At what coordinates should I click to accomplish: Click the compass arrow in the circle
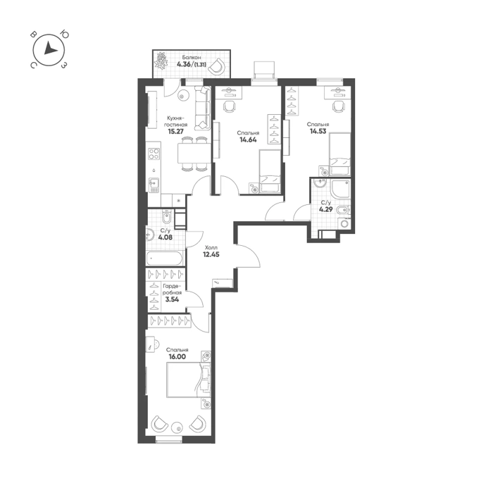[x=50, y=49]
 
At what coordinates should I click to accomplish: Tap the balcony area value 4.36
[x=185, y=65]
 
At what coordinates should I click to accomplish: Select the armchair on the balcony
[x=216, y=66]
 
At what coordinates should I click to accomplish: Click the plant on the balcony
[x=161, y=61]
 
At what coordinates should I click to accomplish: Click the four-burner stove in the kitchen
[x=154, y=154]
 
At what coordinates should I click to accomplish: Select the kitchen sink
[x=154, y=185]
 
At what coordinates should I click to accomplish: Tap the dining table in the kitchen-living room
[x=194, y=153]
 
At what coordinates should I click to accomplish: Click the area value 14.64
[x=248, y=140]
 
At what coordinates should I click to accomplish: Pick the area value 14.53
[x=318, y=131]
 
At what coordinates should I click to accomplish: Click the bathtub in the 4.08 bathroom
[x=164, y=258]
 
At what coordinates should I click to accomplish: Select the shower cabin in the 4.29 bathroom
[x=340, y=189]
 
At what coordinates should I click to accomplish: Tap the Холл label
[x=211, y=247]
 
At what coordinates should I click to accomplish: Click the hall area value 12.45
[x=211, y=254]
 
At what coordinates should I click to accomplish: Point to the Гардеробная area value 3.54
[x=172, y=299]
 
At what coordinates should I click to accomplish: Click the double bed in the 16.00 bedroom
[x=189, y=380]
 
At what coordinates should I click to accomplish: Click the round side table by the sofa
[x=182, y=95]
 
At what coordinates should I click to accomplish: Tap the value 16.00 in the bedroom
[x=177, y=356]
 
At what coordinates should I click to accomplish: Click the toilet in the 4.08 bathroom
[x=167, y=217]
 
